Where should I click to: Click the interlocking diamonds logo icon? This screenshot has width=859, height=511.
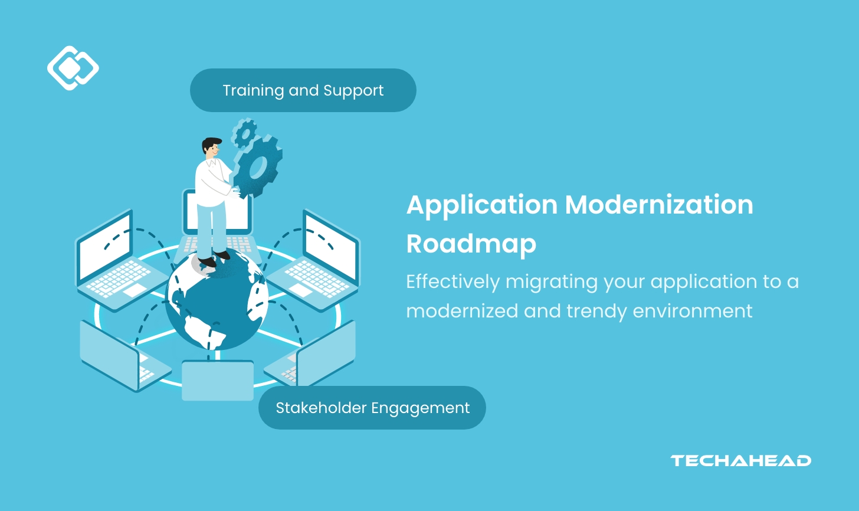[73, 68]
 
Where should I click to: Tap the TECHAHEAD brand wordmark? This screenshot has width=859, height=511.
[740, 461]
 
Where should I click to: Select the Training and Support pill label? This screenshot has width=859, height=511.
[303, 90]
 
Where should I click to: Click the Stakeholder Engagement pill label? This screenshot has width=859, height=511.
[372, 408]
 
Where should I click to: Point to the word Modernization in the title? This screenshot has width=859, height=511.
[659, 205]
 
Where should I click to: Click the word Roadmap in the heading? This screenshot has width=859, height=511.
[471, 244]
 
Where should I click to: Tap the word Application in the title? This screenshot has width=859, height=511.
[481, 205]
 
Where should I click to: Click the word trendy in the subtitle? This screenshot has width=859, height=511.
[597, 311]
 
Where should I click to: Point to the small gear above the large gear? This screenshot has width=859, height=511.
[243, 133]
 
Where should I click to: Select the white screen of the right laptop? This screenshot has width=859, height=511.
[330, 245]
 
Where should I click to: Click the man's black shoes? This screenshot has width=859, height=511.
[214, 258]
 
